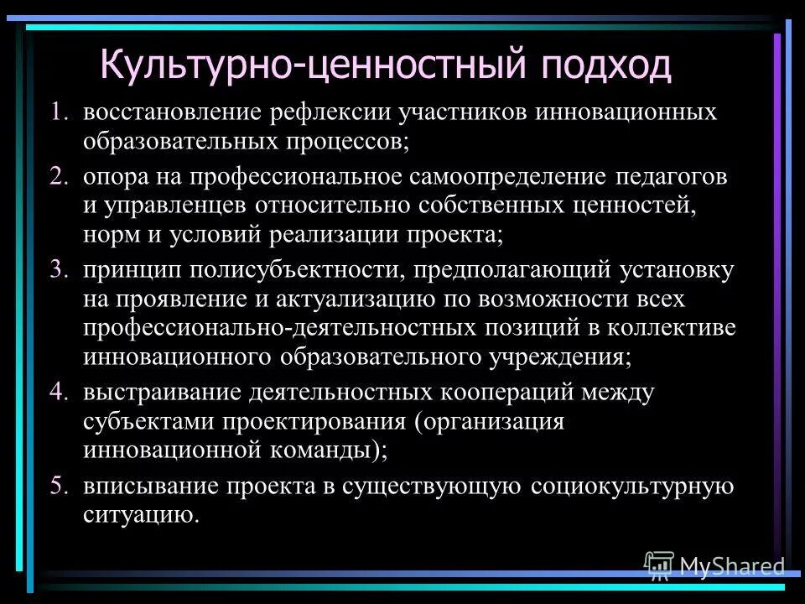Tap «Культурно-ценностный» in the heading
click(x=305, y=65)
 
